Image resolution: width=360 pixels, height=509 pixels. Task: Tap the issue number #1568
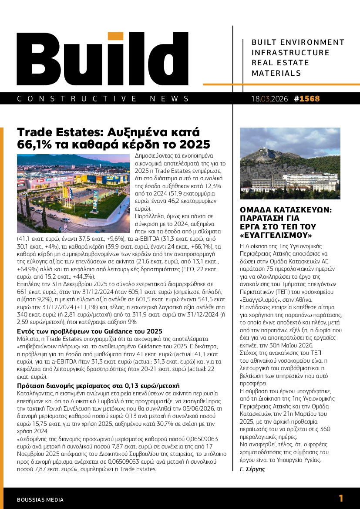307,99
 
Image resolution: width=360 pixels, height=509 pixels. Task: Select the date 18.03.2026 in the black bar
269,99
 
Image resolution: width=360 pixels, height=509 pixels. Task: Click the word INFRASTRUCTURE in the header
291,53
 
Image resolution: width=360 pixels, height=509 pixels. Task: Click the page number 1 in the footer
341,498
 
